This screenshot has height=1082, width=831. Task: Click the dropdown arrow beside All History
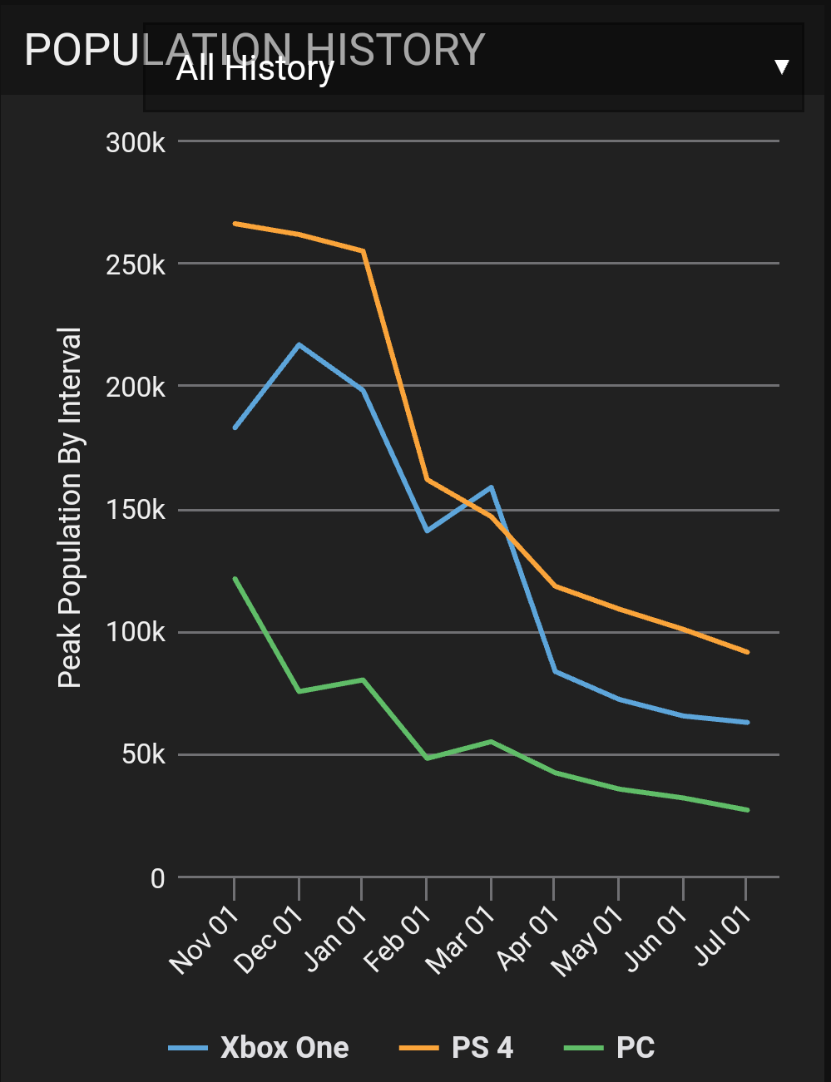(x=781, y=67)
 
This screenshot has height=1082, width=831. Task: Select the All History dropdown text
(x=255, y=69)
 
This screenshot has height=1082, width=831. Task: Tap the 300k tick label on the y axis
(x=136, y=143)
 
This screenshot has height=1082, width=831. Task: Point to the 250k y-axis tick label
(x=136, y=265)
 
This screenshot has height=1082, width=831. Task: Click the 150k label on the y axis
(x=136, y=510)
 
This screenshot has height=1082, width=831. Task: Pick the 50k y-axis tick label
(x=143, y=755)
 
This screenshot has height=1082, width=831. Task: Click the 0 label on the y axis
(x=157, y=878)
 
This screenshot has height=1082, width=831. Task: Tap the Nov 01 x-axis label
(x=205, y=939)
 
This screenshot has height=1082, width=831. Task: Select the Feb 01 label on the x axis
(x=398, y=939)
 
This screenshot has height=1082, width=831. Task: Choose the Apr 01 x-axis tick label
(x=527, y=939)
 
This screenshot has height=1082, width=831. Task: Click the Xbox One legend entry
(x=259, y=1048)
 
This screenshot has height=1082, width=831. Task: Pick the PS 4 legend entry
(x=457, y=1048)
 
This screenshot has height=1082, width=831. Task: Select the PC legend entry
(x=610, y=1048)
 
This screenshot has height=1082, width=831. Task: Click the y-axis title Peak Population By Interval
(x=70, y=507)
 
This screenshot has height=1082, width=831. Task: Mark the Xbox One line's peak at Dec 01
(x=299, y=344)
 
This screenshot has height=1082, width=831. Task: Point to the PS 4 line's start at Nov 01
(x=235, y=224)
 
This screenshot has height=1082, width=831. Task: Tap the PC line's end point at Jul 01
(x=747, y=810)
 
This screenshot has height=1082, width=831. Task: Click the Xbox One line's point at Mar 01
(x=492, y=487)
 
